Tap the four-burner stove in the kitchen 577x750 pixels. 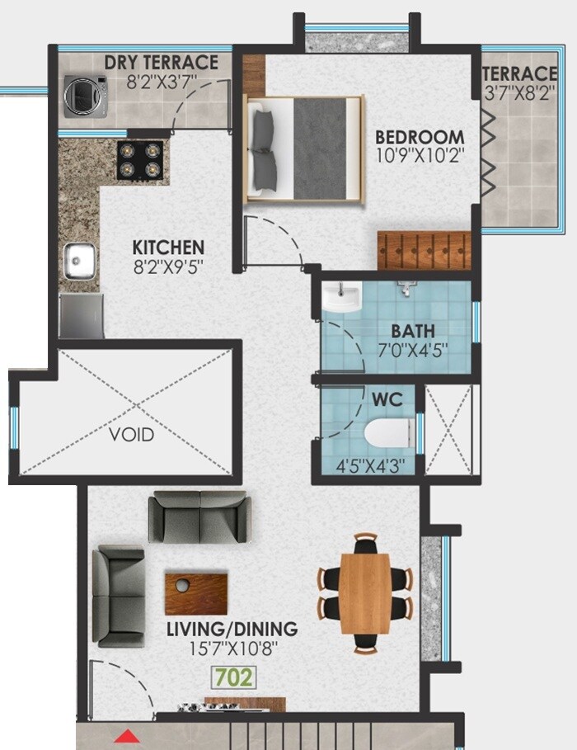140,160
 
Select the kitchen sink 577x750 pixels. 80,261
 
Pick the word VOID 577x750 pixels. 132,434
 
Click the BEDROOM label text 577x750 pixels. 420,136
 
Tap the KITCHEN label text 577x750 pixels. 168,248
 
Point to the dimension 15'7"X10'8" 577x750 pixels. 232,649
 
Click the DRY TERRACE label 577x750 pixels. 162,63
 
